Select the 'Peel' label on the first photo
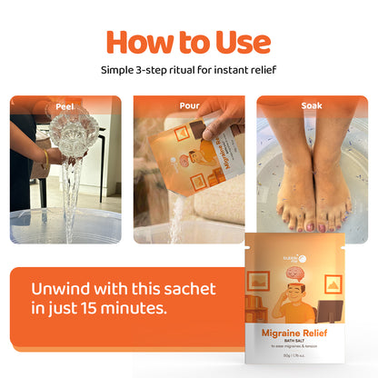click(65, 105)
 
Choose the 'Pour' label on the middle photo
click(189, 105)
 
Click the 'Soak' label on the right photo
click(312, 105)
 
